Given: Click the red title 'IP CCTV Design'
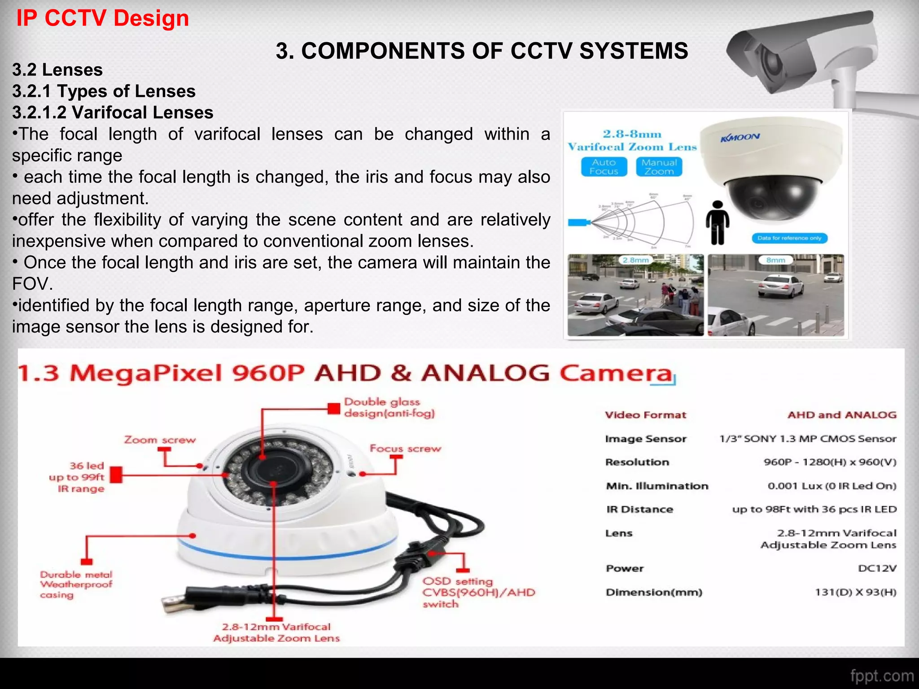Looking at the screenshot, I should point(102,19).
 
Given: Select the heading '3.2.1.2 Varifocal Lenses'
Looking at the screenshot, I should point(113,113).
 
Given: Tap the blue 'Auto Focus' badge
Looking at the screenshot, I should point(604,167).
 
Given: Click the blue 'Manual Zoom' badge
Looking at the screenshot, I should point(659,167).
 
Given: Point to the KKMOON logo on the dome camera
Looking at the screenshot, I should point(740,137).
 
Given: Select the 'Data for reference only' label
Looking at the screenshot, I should point(789,238).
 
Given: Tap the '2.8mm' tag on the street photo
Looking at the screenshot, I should point(635,260).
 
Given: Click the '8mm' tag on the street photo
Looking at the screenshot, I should point(775,260).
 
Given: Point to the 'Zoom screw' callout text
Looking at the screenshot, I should point(160,440).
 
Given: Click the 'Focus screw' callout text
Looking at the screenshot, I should point(405,449).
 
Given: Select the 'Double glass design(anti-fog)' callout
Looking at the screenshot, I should point(389,408).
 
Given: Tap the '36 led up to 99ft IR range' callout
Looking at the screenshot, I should point(77,477).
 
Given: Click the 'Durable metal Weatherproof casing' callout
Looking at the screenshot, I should point(76,584).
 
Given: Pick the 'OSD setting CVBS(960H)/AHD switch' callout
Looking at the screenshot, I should point(478,593).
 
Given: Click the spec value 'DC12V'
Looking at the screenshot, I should point(877,569).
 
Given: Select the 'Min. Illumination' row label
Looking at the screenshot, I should point(657,486).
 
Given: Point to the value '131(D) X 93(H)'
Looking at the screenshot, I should point(855,593).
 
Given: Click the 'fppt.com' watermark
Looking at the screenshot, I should point(881,676).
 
